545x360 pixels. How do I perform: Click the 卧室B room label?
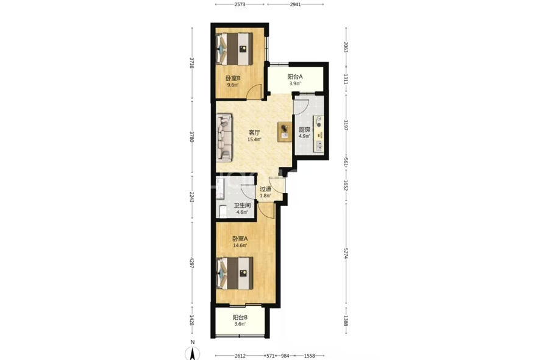point(233,78)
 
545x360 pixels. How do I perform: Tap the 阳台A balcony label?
point(294,77)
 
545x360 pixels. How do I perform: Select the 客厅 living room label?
point(254,133)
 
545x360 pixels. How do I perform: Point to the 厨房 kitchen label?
point(304,130)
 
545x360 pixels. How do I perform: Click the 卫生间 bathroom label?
point(242,205)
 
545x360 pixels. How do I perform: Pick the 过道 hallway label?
point(266,189)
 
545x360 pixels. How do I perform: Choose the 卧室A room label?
point(240,239)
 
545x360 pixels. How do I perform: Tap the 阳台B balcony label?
point(240,317)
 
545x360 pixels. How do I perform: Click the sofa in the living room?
point(224,138)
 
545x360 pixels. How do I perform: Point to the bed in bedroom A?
point(235,274)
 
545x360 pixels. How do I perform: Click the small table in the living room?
point(285,132)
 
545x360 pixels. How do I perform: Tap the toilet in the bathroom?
point(222,211)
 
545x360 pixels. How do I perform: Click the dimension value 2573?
point(240,4)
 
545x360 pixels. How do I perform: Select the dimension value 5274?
point(346,253)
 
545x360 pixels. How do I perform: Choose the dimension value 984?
point(285,356)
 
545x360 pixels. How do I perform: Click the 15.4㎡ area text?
point(254,139)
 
